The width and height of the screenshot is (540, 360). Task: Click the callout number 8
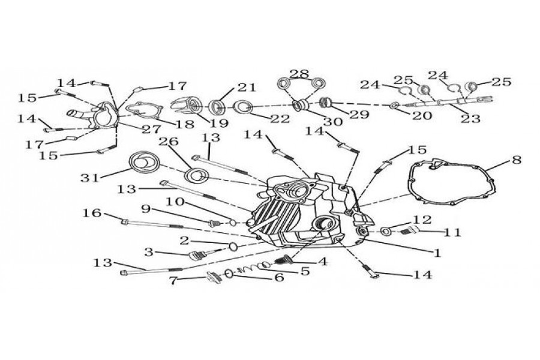pos(517,160)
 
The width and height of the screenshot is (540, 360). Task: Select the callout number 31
pos(91,178)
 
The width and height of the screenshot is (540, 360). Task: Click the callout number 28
pos(299,74)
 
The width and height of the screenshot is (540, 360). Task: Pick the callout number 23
pos(470,119)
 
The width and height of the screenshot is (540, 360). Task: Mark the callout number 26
pos(166,142)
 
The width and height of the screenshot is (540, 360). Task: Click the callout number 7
pos(173,280)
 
